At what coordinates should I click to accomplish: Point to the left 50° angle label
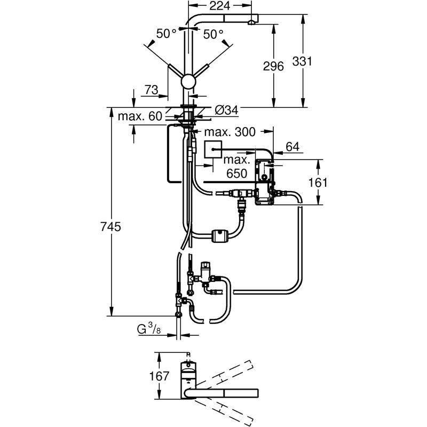click(x=166, y=34)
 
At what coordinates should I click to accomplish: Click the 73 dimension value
click(x=152, y=90)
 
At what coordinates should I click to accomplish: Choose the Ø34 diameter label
click(x=226, y=110)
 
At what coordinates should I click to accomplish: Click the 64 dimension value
click(x=294, y=146)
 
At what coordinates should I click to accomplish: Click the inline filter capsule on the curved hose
click(x=220, y=234)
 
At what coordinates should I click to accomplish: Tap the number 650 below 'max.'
click(x=236, y=173)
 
